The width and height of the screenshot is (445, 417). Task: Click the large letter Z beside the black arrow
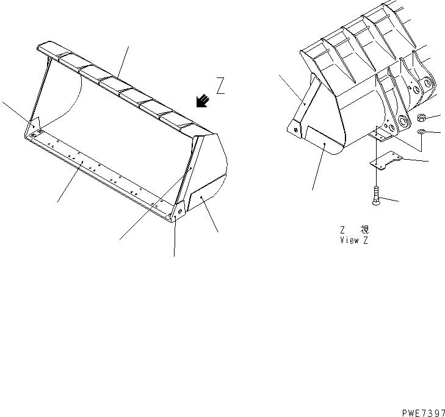pos(220,85)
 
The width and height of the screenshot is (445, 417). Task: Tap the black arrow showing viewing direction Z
pos(202,101)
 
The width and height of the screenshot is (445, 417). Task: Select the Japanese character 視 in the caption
pos(364,229)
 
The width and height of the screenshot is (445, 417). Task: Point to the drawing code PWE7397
pos(424,413)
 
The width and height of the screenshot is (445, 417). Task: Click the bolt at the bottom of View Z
pos(376,196)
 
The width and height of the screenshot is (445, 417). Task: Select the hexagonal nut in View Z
pos(422,118)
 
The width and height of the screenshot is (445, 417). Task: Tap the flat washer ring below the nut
pos(421,132)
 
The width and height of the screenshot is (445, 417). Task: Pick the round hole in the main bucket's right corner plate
pos(179,211)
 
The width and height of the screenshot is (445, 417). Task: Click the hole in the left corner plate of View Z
pos(296,130)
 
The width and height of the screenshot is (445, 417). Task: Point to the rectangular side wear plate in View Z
pos(324,138)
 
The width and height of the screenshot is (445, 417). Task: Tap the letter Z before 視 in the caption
pos(343,230)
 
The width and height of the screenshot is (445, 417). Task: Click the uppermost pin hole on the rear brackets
pos(427,83)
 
